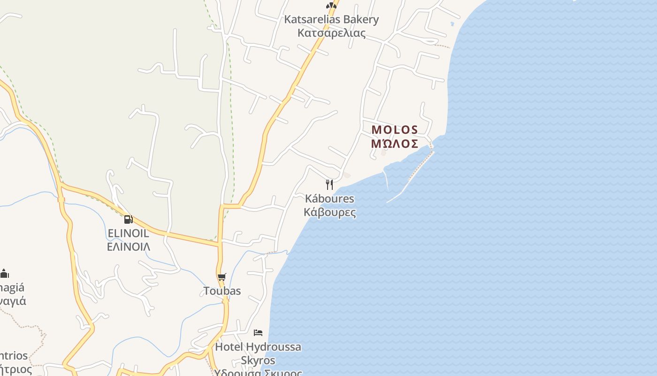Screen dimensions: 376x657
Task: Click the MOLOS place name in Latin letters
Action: coord(395,130)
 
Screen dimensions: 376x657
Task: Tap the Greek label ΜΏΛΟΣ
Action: coord(395,144)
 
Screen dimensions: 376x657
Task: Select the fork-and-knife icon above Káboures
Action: coord(329,184)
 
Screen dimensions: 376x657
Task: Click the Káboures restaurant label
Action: coord(329,198)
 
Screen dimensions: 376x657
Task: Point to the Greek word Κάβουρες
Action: coord(329,212)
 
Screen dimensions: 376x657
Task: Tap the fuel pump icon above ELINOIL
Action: coord(128,219)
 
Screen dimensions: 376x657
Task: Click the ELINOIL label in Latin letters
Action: coord(128,233)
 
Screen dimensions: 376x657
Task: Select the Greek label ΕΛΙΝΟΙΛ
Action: coord(128,247)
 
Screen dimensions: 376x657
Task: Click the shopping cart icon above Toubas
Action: coord(222,277)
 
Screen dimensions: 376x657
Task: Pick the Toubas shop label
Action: coord(222,291)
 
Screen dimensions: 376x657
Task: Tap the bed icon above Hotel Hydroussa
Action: coord(258,333)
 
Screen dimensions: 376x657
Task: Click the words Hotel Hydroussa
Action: coord(258,347)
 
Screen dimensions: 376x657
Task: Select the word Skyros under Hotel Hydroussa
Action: coord(258,360)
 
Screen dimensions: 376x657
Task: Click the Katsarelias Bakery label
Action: coord(331,20)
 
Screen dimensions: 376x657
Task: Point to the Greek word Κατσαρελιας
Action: coord(331,33)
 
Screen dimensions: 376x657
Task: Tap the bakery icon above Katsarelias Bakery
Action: coord(331,6)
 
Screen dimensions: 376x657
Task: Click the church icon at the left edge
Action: coord(5,273)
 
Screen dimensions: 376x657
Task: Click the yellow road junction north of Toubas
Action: coord(221,206)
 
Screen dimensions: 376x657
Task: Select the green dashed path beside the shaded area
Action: coord(231,117)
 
